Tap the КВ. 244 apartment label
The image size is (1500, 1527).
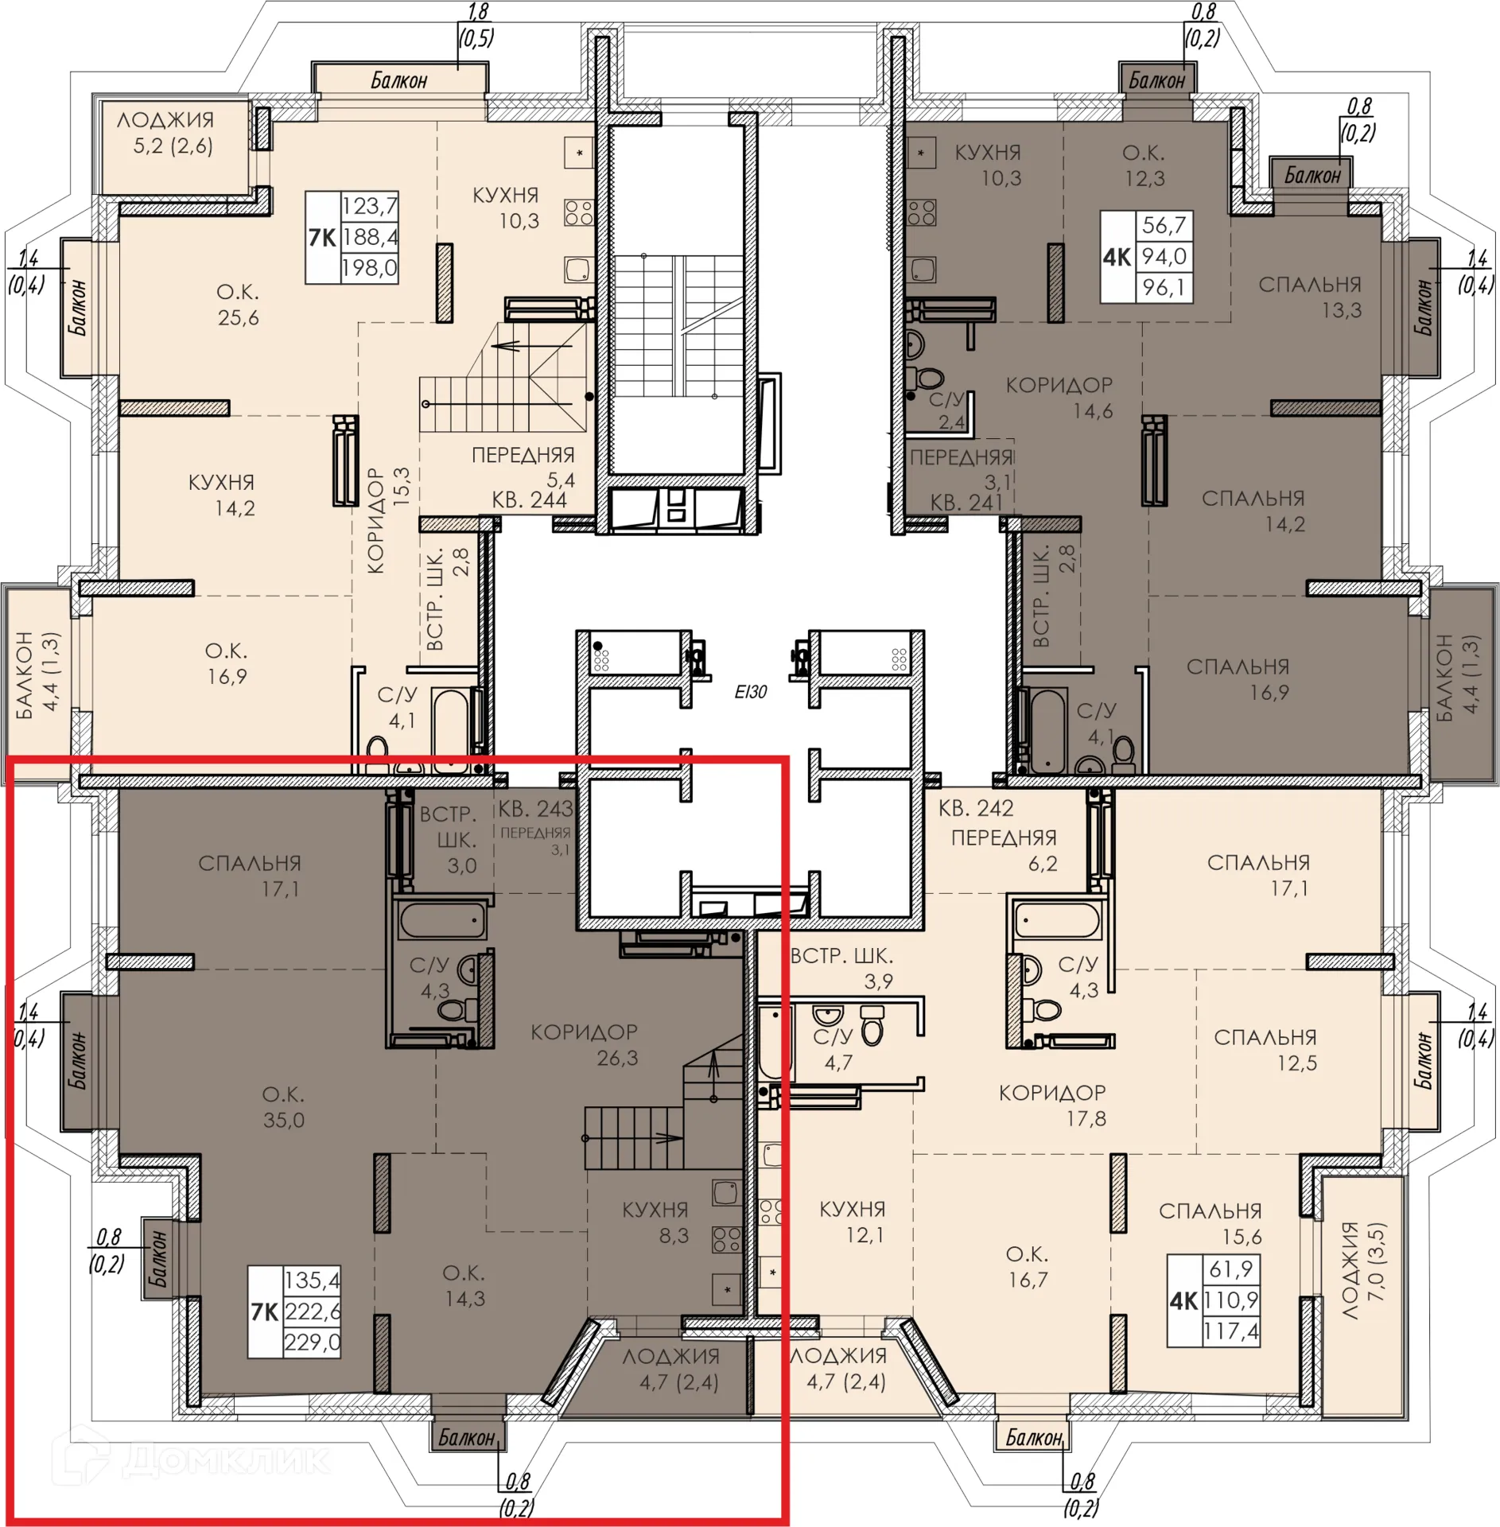coord(529,500)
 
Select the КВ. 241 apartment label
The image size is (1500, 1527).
coord(966,503)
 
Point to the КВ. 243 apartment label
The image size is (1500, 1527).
coord(535,809)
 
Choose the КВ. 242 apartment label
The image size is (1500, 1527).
coord(976,809)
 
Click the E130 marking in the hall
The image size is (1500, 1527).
coord(750,692)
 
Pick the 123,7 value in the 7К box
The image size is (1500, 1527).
coord(369,206)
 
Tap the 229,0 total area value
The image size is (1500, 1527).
coord(313,1342)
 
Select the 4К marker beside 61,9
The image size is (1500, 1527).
coord(1183,1300)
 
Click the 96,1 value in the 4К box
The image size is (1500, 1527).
coord(1164,287)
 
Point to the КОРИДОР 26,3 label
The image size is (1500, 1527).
coord(585,1045)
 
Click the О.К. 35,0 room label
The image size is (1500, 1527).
coord(283,1107)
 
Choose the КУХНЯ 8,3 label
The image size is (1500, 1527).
coord(655,1222)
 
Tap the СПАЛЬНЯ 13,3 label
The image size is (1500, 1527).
coord(1310,297)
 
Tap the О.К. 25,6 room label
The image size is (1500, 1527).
coord(238,305)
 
